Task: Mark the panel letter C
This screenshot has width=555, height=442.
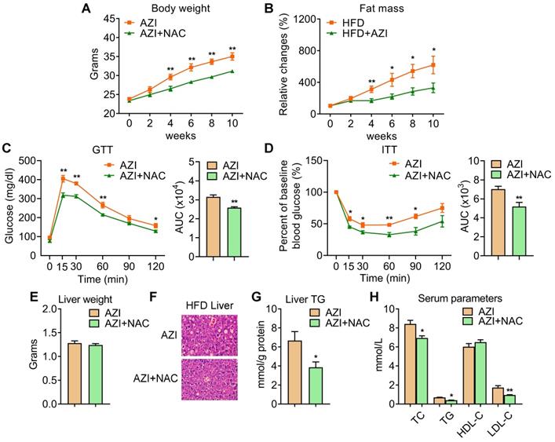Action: [x=7, y=148]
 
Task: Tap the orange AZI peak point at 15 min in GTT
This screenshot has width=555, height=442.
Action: [x=63, y=179]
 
